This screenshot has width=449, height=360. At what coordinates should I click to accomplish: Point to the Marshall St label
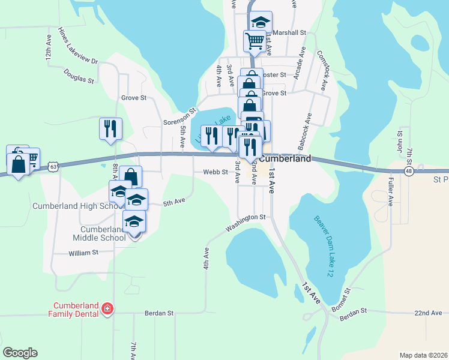click(288, 32)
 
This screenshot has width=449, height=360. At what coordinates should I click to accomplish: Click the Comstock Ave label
click(322, 70)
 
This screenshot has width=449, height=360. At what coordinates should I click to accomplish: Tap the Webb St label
click(215, 172)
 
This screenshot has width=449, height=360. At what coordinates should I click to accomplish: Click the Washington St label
click(246, 221)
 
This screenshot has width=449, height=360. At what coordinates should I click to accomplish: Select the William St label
click(83, 253)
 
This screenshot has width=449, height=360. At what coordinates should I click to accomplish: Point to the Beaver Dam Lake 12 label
click(327, 246)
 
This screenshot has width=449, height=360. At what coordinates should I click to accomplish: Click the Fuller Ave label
click(390, 191)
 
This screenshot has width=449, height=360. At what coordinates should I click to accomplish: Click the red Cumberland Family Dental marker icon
click(107, 309)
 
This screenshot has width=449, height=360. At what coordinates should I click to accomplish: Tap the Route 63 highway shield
click(54, 166)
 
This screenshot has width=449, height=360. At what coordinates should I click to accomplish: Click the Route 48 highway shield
click(409, 171)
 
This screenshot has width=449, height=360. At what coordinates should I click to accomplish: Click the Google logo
click(20, 353)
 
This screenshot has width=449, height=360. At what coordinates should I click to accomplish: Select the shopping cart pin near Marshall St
click(255, 40)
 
